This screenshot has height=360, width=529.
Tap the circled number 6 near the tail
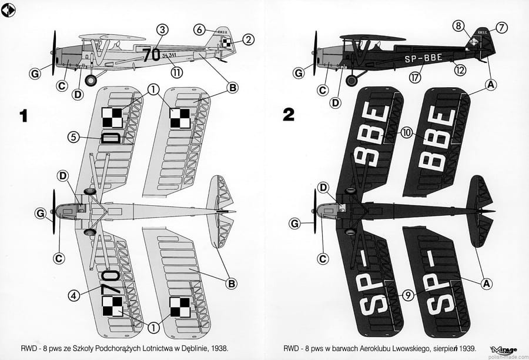[x=200, y=29]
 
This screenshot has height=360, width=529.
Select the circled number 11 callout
[x=175, y=72]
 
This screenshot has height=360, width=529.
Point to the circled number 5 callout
[x=73, y=137]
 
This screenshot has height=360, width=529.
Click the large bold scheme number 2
[x=288, y=114]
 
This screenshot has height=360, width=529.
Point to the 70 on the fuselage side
[x=152, y=54]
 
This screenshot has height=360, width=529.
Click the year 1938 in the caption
[x=218, y=348]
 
